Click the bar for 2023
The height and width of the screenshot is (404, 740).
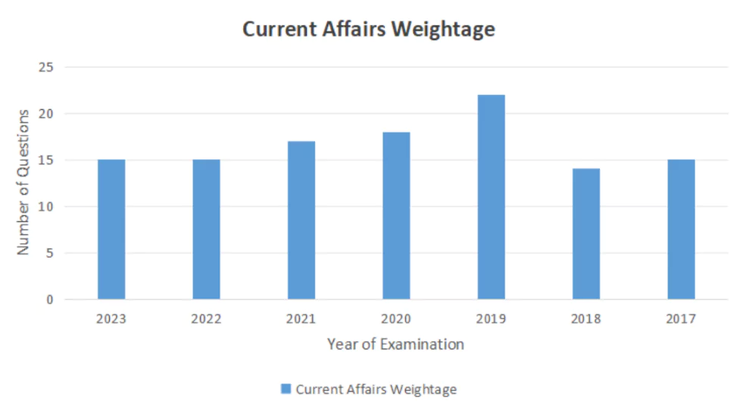pyautogui.click(x=111, y=229)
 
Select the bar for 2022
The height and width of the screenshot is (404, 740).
pyautogui.click(x=206, y=229)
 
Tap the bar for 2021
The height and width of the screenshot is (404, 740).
pyautogui.click(x=301, y=220)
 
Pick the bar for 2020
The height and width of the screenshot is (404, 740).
pyautogui.click(x=396, y=215)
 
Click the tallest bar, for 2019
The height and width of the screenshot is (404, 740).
pyautogui.click(x=491, y=197)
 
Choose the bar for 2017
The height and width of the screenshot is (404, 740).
pyautogui.click(x=681, y=229)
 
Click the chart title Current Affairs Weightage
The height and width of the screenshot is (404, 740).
pyautogui.click(x=368, y=29)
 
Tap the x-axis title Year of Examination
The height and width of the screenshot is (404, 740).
pyautogui.click(x=395, y=344)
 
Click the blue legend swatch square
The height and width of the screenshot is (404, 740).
pyautogui.click(x=286, y=390)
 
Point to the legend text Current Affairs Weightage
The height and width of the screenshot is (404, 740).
pyautogui.click(x=376, y=390)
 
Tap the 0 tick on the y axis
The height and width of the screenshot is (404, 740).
pyautogui.click(x=50, y=299)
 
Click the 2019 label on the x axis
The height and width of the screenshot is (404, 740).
pyautogui.click(x=491, y=319)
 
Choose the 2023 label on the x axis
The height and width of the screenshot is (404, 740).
pyautogui.click(x=111, y=319)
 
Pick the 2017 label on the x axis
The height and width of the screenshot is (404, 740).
pyautogui.click(x=681, y=319)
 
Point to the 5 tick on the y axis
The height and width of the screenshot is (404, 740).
pyautogui.click(x=50, y=253)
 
